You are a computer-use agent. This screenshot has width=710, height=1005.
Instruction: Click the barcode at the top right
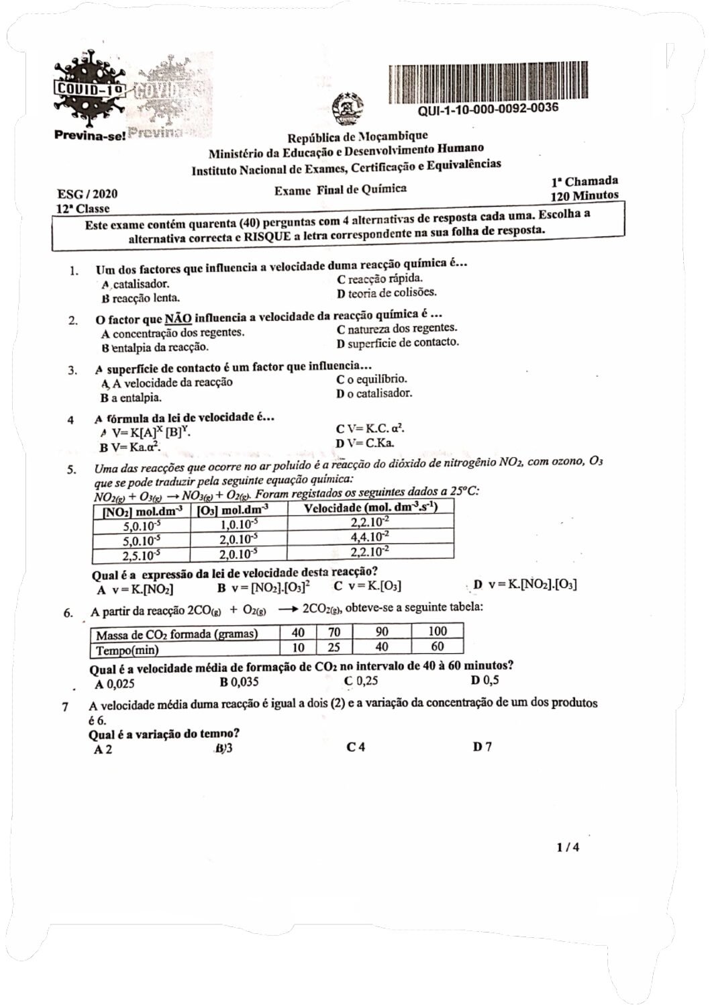click(x=472, y=84)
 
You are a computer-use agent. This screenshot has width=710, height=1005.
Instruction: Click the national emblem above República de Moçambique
click(x=348, y=109)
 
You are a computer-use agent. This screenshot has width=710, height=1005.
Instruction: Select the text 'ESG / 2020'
click(x=87, y=194)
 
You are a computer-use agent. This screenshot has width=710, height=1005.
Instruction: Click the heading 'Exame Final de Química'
click(x=340, y=190)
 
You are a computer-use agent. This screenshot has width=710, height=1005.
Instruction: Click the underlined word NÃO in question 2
click(x=178, y=319)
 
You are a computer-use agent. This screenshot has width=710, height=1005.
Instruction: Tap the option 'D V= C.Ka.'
click(x=365, y=443)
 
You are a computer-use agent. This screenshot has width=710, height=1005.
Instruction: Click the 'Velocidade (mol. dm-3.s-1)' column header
click(x=370, y=508)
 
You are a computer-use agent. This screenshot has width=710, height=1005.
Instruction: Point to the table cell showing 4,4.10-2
click(x=370, y=537)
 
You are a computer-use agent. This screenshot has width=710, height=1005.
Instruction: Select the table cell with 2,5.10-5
click(x=142, y=555)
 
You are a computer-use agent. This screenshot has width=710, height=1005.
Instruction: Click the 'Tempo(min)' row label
click(x=127, y=650)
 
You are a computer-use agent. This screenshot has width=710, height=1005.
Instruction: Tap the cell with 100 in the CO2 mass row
click(x=437, y=631)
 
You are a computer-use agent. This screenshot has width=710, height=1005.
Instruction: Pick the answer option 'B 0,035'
click(x=239, y=682)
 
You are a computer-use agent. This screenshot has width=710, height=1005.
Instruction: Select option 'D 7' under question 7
click(x=482, y=747)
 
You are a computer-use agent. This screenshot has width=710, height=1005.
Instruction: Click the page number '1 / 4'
click(x=568, y=847)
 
